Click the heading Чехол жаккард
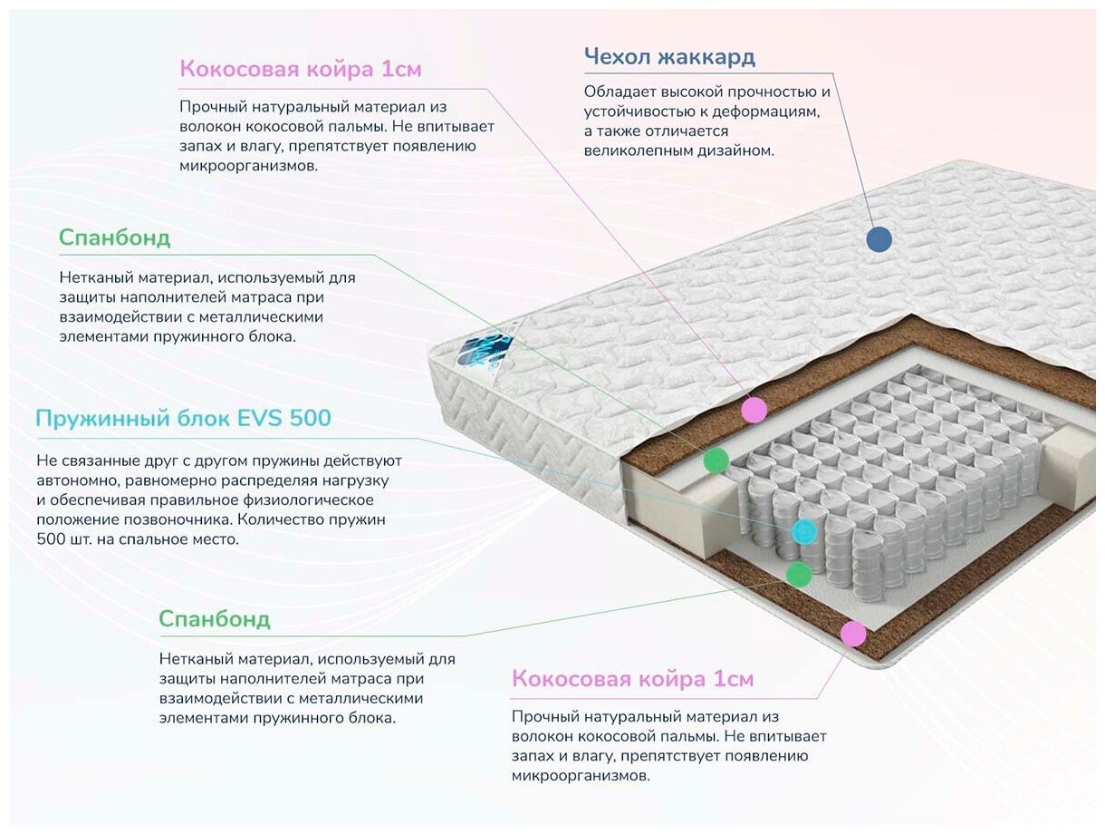click(669, 58)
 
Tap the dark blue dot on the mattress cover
click(879, 239)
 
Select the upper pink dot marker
click(754, 410)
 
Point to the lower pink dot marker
click(852, 633)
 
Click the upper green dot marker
click(716, 461)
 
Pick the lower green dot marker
click(798, 574)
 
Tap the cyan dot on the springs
click(803, 531)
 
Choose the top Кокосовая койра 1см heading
click(301, 70)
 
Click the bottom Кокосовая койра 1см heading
click(632, 679)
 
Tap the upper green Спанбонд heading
click(114, 238)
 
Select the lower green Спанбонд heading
click(214, 620)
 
